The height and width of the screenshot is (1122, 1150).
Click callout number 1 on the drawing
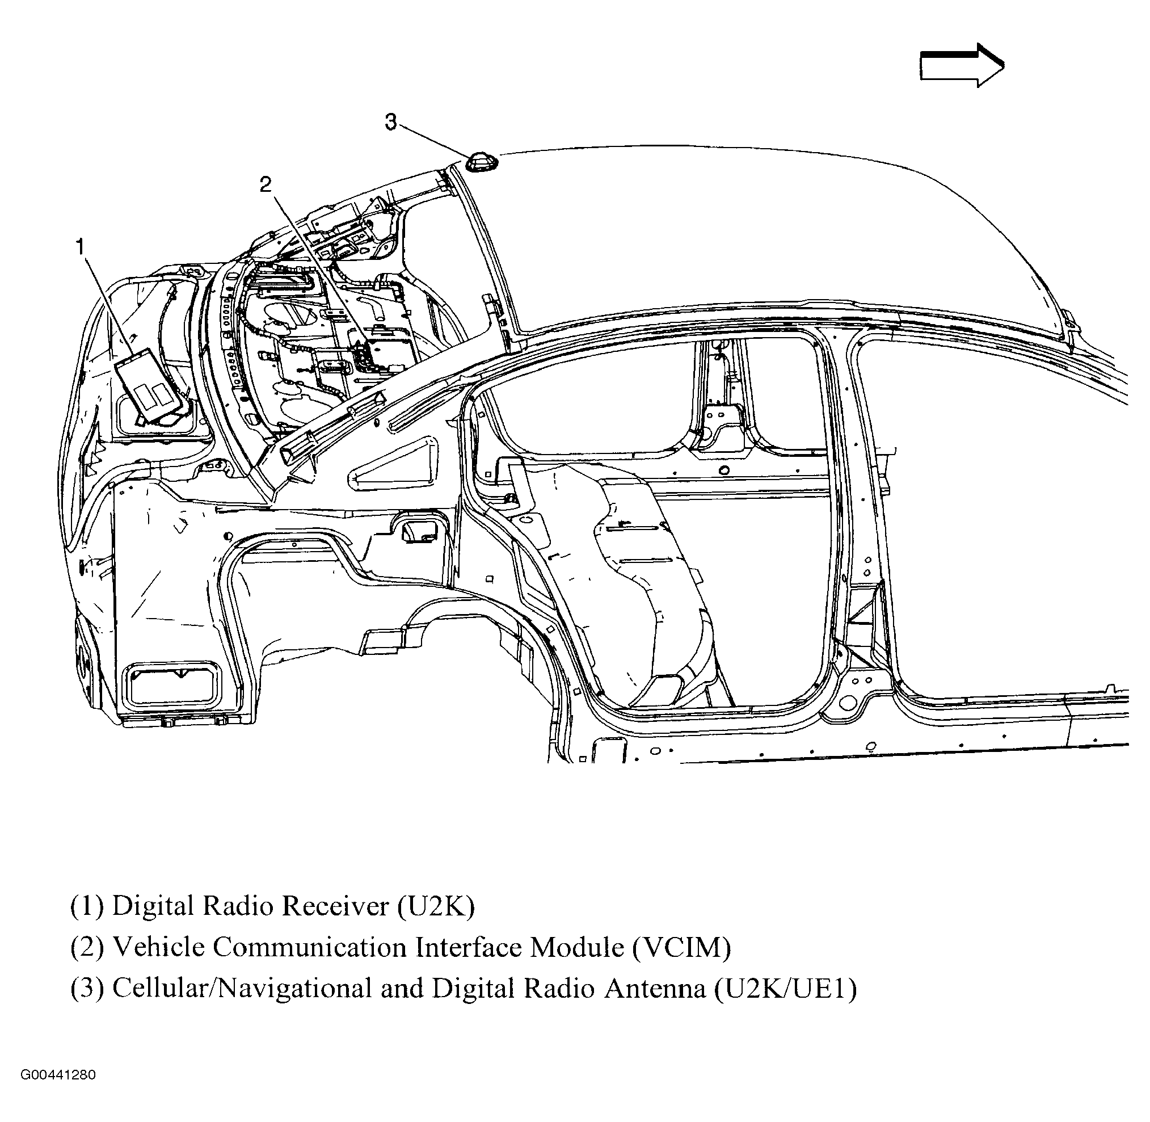80,247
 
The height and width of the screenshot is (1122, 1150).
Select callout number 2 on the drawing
266,185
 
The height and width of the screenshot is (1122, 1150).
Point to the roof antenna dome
482,162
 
